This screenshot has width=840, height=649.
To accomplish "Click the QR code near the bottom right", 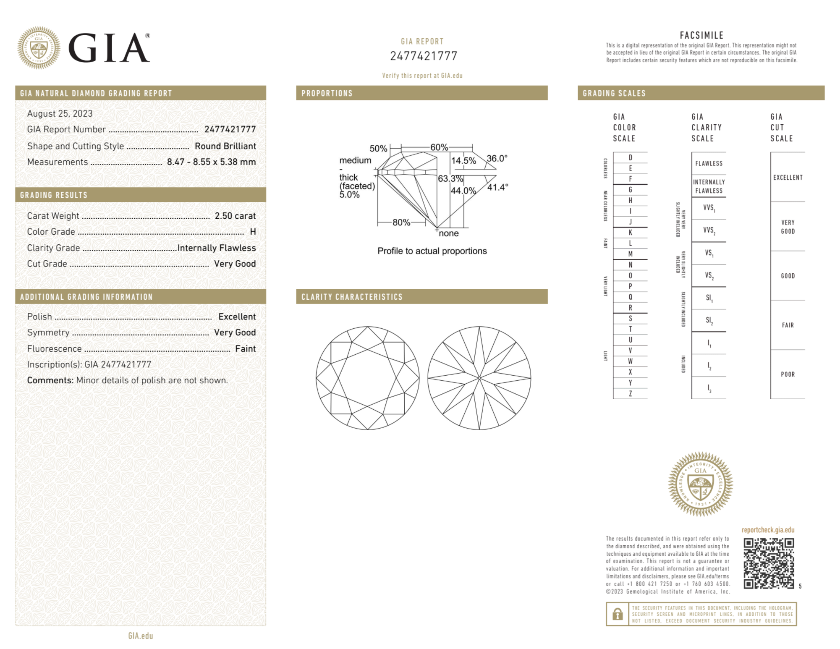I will coord(768,563).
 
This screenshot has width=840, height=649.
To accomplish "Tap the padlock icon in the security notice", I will coord(617,614).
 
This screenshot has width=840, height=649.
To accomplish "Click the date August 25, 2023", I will coord(60,114).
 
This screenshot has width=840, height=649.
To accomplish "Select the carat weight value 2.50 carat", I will coord(235,216).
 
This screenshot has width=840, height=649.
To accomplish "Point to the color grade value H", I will coord(253,232).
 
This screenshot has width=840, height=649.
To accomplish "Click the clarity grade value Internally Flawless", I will coord(217,248).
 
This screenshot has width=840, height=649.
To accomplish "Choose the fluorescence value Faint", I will coord(245,349).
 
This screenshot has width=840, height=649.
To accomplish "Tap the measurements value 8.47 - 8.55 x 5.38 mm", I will coord(211,162).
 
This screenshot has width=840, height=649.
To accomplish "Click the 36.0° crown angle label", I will coord(497,159).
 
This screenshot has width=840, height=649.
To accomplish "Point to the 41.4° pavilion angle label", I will coord(497,187).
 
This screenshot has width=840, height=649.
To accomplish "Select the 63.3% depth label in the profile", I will coord(450,179).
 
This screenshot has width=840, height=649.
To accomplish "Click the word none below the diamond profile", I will coord(449,233).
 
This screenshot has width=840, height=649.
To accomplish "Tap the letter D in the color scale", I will coord(630,158).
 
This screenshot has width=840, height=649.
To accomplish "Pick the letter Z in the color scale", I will coord(630,393).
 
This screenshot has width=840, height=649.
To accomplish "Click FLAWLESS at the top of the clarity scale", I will coord(709,164).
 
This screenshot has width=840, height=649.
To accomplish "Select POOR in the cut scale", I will coord(788,374).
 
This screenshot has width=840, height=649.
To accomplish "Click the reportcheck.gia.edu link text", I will coord(768,530).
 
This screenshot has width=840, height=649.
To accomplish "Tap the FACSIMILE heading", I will coord(701,36).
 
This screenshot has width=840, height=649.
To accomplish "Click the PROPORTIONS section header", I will coord(327,93).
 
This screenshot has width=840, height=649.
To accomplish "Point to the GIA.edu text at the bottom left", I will coord(141,636).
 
